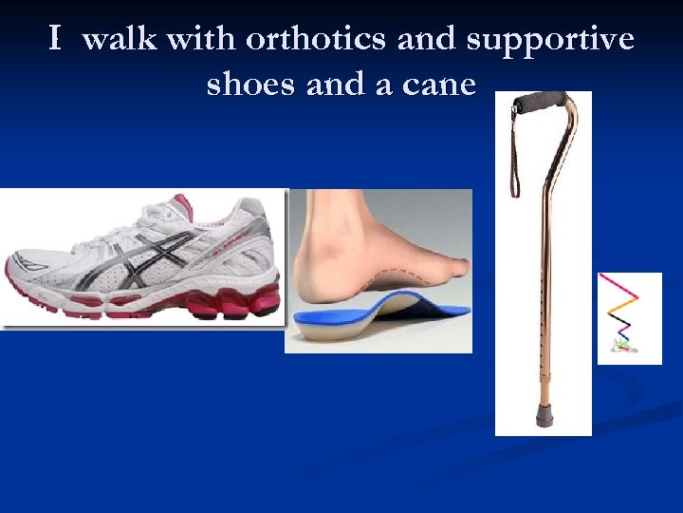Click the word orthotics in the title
click(316, 39)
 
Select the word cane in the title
click(440, 84)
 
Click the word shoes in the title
click(250, 84)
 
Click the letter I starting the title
click(55, 39)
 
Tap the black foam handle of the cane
click(541, 100)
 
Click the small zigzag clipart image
click(629, 318)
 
